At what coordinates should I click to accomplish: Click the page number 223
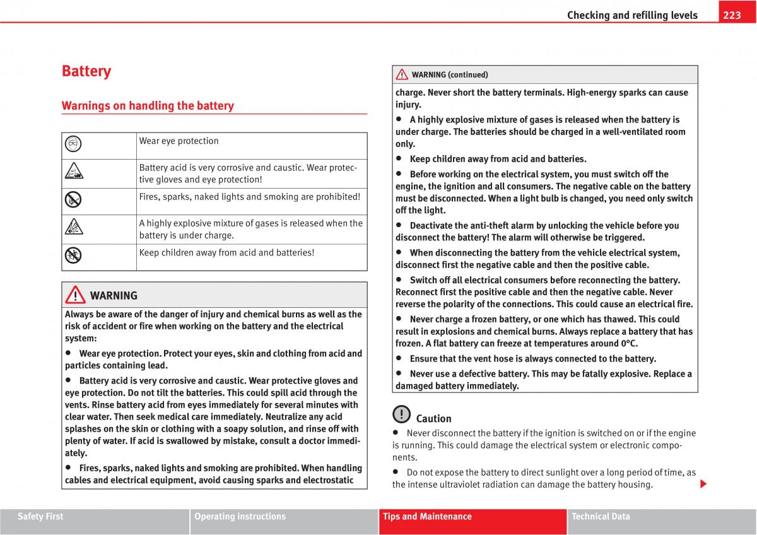click(x=732, y=15)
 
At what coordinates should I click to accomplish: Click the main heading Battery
click(x=86, y=71)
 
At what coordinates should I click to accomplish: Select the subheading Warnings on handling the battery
click(x=148, y=106)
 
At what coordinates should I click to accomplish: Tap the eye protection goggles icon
click(x=73, y=144)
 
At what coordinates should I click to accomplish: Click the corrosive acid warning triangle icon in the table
click(x=73, y=171)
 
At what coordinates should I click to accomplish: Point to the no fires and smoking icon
click(x=73, y=200)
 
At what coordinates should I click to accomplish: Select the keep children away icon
click(x=73, y=256)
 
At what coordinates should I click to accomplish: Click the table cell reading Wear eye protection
click(x=179, y=141)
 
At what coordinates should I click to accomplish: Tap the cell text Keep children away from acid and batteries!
click(x=226, y=252)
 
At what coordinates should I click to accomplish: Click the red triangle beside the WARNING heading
click(x=75, y=295)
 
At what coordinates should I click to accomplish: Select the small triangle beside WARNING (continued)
click(x=402, y=75)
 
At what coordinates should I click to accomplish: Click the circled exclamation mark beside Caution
click(x=401, y=414)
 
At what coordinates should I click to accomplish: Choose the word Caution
click(x=434, y=419)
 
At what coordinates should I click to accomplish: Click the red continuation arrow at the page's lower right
click(x=703, y=485)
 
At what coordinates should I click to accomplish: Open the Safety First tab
click(x=40, y=517)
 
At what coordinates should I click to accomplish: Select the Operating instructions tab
click(x=240, y=517)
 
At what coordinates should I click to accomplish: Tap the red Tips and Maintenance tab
click(x=427, y=517)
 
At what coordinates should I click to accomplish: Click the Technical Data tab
click(x=601, y=517)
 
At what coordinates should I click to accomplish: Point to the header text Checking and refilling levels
click(x=632, y=15)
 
